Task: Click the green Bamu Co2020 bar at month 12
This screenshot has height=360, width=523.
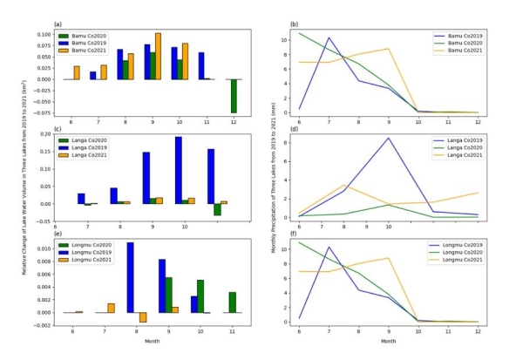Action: tap(234, 96)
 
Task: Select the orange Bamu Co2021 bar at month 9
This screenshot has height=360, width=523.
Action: tap(158, 57)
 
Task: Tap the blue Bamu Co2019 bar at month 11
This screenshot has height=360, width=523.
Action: tap(202, 66)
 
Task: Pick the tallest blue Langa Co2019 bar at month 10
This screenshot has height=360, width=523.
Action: tap(179, 170)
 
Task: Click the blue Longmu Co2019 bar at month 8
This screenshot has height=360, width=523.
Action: tap(130, 277)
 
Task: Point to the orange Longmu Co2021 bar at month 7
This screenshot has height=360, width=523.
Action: tap(111, 308)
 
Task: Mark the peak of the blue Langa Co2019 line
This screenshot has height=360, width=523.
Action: tap(388, 138)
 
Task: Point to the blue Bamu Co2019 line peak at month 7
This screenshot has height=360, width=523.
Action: tap(329, 37)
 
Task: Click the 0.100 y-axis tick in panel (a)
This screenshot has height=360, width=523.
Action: tap(41, 34)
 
